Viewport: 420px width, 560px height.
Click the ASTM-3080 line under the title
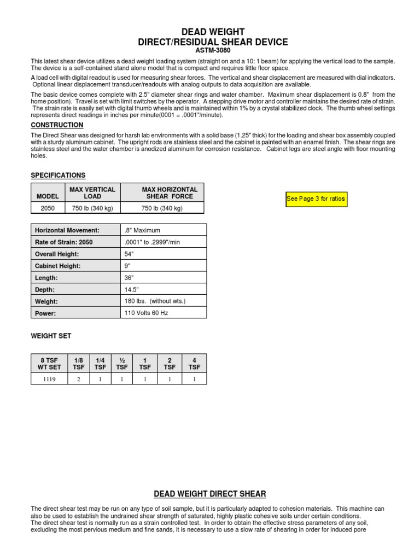210,50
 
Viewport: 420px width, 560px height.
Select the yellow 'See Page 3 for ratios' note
316,199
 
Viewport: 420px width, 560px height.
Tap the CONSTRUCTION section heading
57,125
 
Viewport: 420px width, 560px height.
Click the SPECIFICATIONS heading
58,176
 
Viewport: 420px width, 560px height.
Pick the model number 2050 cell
48,208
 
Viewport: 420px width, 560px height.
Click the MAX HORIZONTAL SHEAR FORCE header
170,193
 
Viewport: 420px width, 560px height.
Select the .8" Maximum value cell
143,230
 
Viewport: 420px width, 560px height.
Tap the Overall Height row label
57,254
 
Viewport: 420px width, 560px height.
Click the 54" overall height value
130,254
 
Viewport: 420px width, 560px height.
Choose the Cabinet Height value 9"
128,266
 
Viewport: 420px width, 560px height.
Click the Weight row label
46,301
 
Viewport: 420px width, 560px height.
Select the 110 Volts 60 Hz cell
147,313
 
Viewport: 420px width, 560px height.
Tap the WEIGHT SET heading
51,336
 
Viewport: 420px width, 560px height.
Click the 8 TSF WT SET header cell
48,364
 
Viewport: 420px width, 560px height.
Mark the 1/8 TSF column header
78,364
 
